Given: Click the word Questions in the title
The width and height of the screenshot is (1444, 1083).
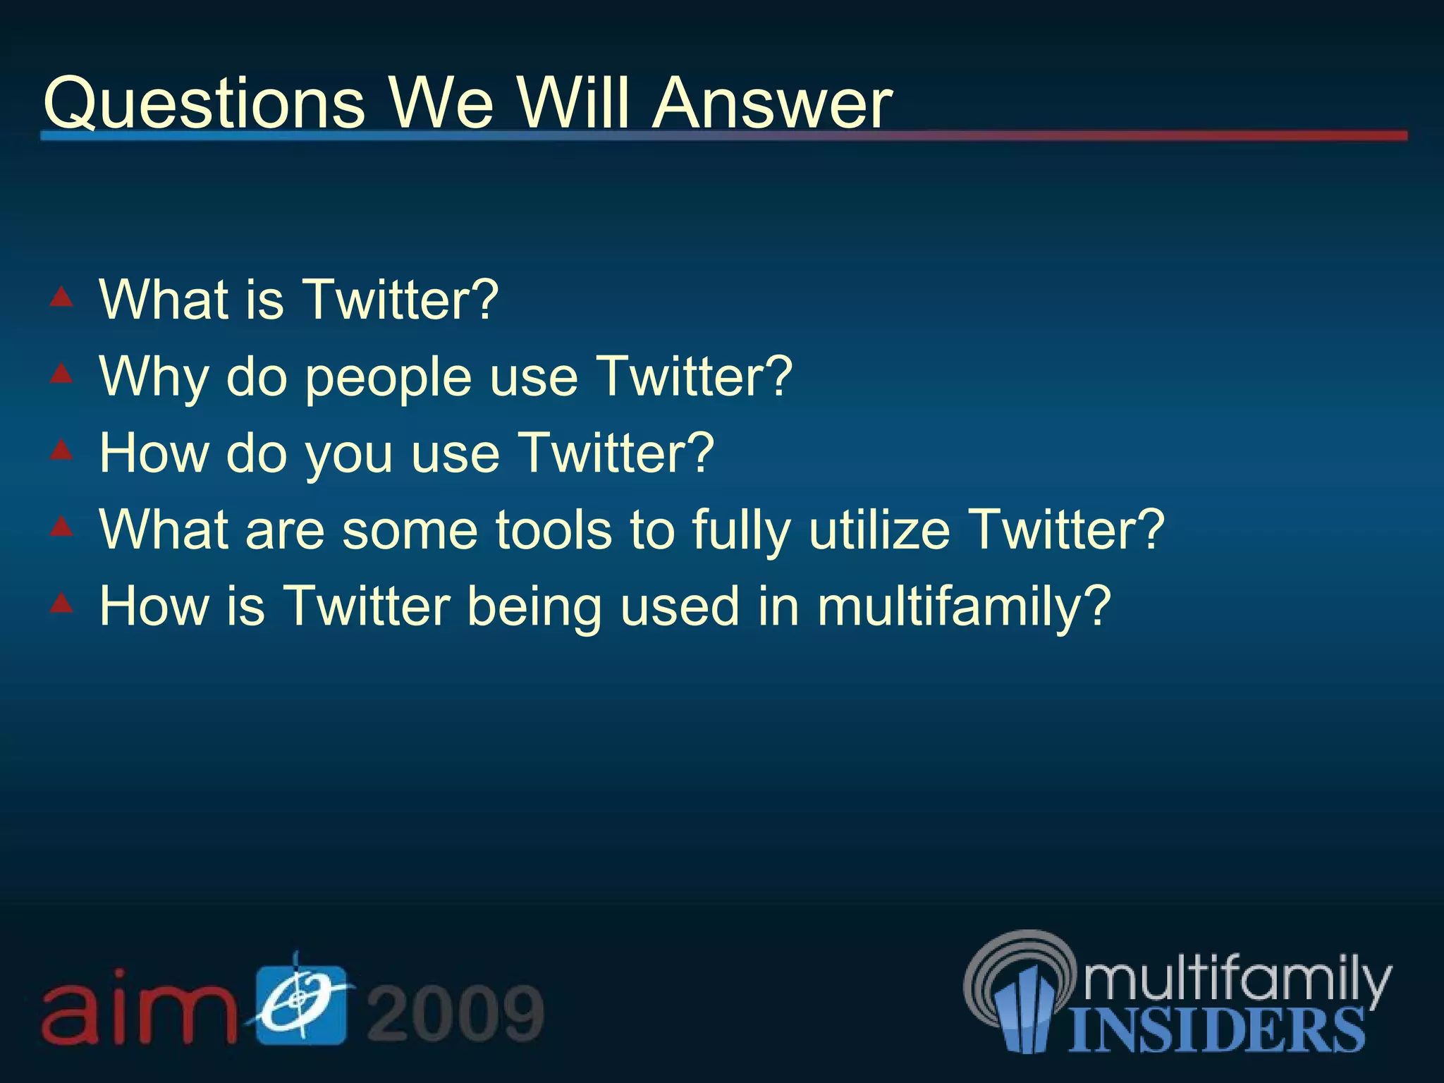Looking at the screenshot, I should coord(204,104).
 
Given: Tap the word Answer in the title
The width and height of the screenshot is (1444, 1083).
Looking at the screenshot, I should coord(772,104).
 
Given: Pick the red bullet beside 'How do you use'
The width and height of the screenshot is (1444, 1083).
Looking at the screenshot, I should coord(62,449).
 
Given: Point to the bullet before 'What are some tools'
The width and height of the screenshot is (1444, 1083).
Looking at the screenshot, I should coord(62,526).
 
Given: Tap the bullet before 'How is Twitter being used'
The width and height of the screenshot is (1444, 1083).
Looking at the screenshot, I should coord(62,602).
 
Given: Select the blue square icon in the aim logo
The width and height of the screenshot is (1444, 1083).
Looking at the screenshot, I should coord(301,1005).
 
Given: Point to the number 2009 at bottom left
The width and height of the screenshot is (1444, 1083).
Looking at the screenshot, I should coord(455,1013).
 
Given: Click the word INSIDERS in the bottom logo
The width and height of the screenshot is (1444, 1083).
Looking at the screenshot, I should coord(1216,1030).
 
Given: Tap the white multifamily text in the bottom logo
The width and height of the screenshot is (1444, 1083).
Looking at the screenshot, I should coord(1237,979).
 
